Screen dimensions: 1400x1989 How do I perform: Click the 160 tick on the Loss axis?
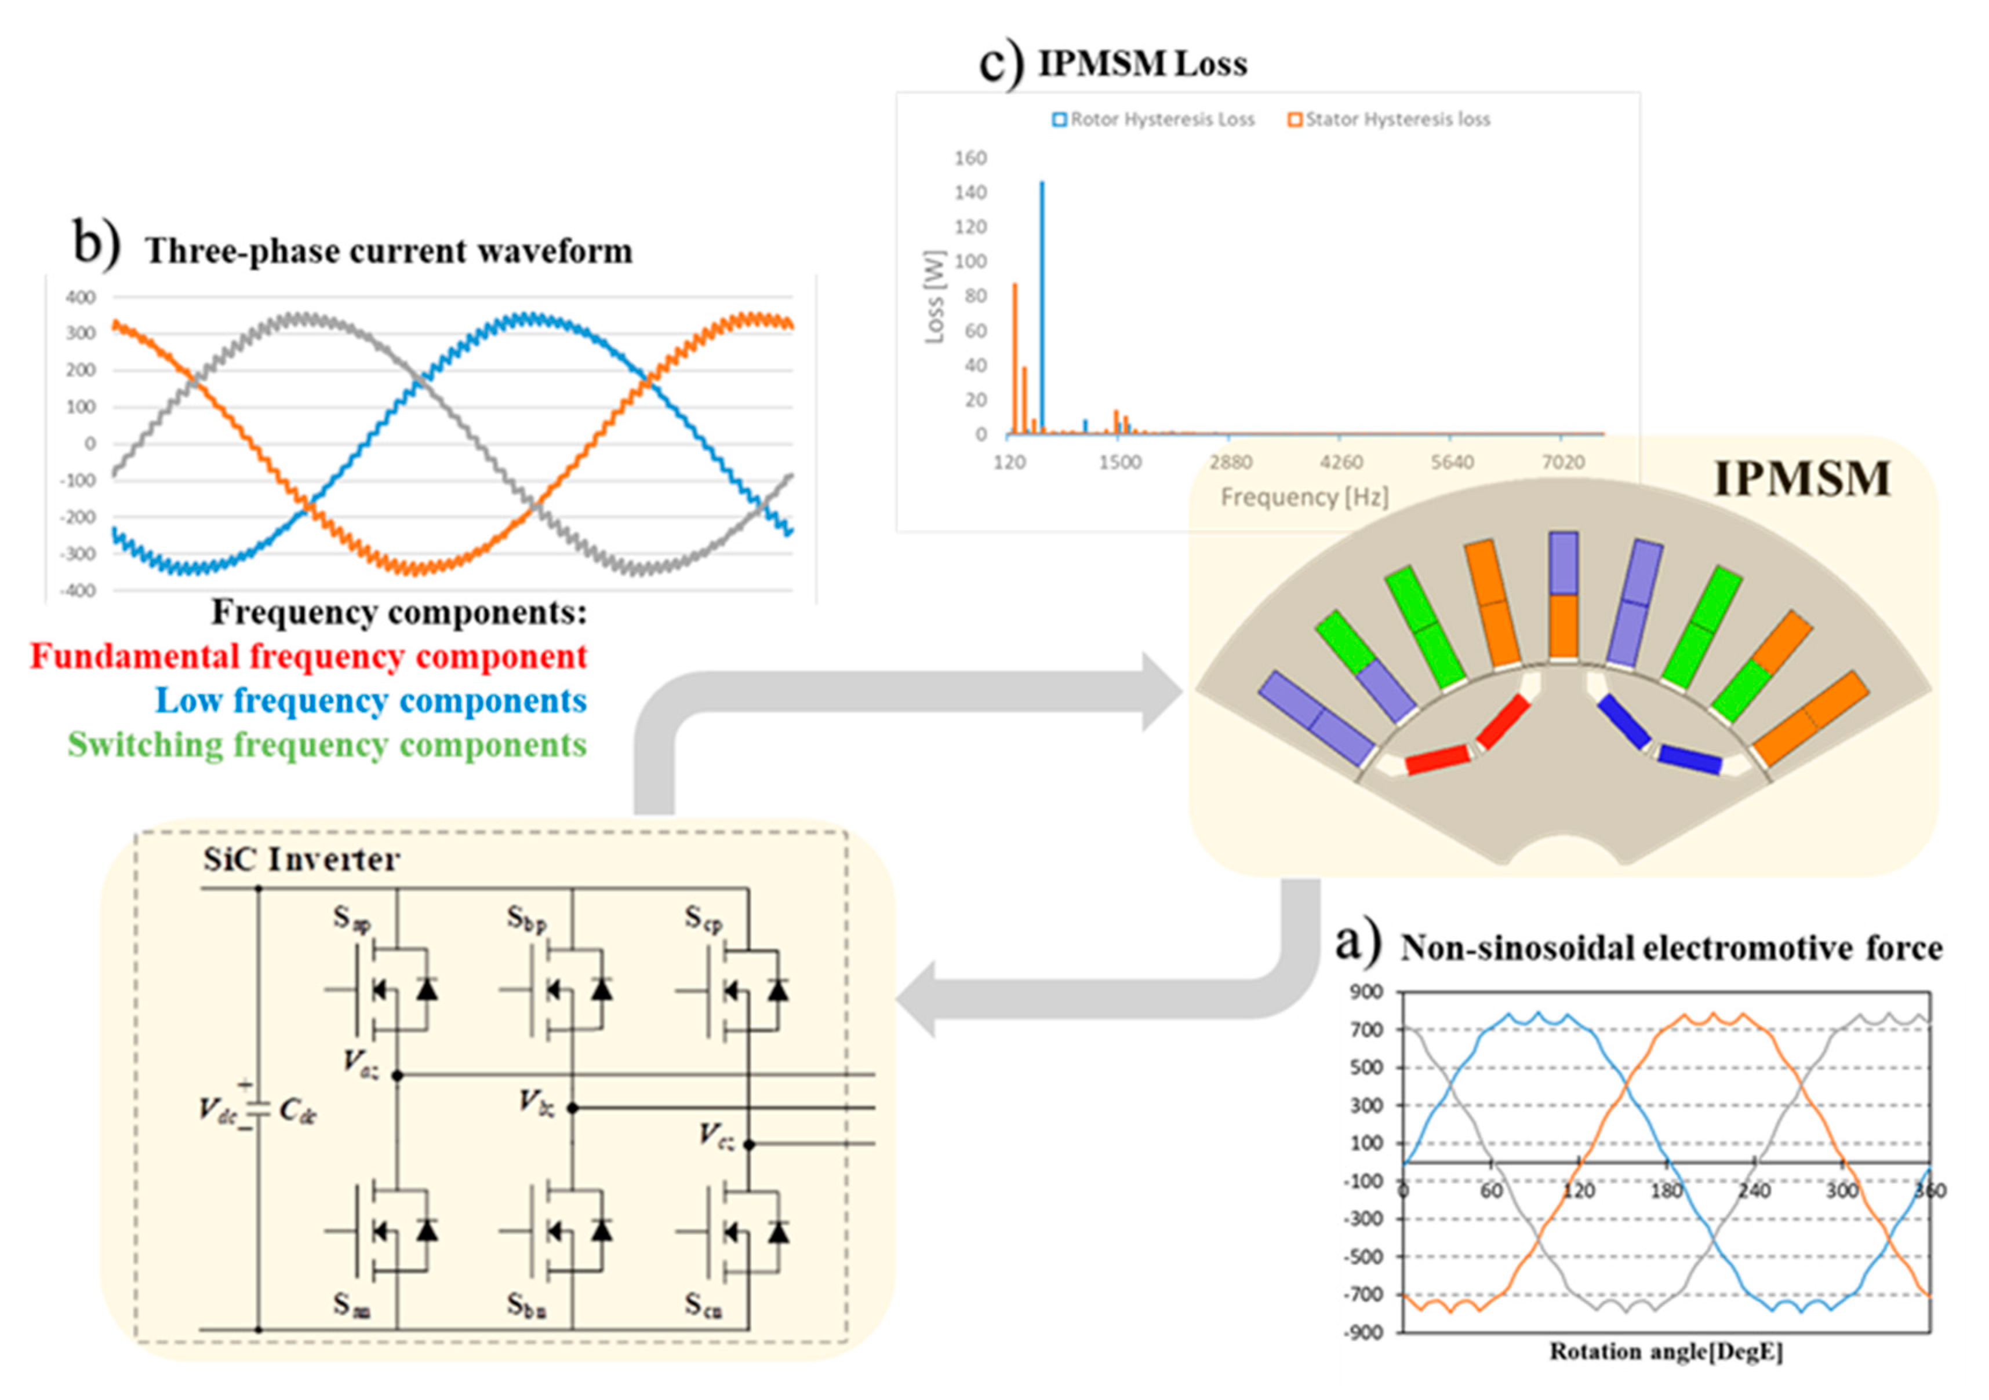pos(970,158)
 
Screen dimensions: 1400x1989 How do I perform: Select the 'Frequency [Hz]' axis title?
pos(1304,497)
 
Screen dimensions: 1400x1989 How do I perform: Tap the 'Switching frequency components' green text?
pos(328,744)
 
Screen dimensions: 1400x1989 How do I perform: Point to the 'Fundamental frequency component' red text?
pos(308,656)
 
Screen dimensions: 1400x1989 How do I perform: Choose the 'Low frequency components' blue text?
pos(371,700)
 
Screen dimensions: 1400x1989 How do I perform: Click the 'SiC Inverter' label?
pos(301,860)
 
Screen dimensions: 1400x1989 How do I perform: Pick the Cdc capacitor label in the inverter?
pos(298,1111)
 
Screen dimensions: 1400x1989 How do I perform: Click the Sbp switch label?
pos(526,919)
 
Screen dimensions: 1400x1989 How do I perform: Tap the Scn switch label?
pos(703,1305)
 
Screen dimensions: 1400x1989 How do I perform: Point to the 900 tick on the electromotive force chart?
pos(1366,992)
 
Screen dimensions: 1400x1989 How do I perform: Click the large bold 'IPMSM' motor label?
pos(1802,480)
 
